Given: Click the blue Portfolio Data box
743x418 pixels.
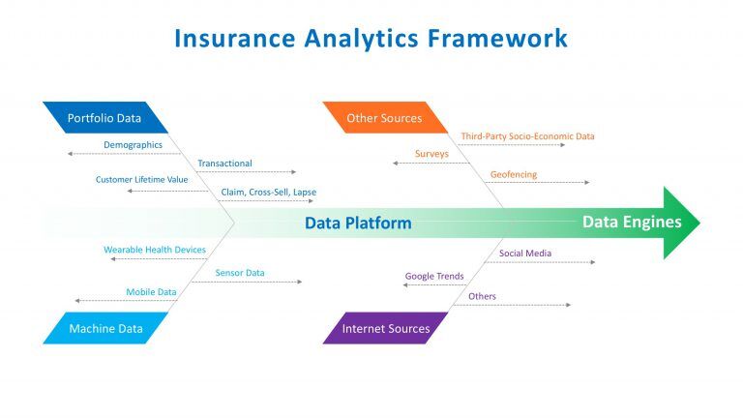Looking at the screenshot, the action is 105,117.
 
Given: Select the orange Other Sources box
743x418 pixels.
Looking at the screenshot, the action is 385,117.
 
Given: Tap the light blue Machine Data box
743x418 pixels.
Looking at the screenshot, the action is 105,328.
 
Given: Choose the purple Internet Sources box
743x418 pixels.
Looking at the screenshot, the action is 385,328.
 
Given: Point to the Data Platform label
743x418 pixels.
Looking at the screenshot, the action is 358,223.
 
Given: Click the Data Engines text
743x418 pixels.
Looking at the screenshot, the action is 632,222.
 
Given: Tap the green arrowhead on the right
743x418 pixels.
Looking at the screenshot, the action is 681,223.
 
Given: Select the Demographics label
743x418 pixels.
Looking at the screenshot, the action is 133,145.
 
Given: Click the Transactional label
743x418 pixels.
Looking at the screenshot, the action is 224,163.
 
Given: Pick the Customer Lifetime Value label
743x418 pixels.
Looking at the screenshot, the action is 141,180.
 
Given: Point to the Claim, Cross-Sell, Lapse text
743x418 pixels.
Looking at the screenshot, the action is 269,193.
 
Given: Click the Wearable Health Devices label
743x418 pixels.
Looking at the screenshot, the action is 155,250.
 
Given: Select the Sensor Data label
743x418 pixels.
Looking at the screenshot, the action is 240,273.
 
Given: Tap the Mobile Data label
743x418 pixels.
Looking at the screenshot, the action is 151,292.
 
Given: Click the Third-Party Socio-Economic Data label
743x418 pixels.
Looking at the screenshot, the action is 527,136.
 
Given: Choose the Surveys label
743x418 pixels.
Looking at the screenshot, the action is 431,154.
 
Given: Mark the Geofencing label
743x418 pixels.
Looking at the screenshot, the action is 514,174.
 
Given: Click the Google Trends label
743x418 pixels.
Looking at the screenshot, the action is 434,277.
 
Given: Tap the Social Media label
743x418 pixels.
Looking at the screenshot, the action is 525,254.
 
